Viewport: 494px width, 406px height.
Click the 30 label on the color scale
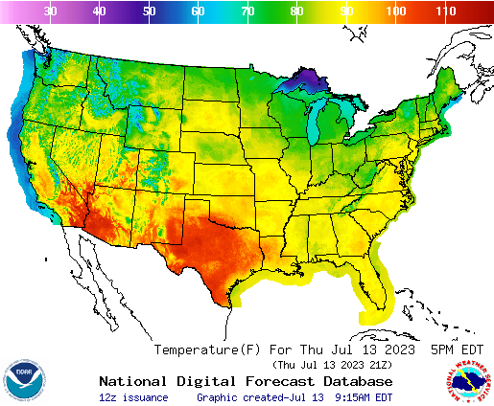[50, 11]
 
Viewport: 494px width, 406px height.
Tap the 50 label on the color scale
[149, 11]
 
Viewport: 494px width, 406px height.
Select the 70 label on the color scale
[247, 11]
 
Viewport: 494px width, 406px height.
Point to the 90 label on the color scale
[345, 11]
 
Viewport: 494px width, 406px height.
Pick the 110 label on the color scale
[444, 11]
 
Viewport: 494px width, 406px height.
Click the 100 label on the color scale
[394, 11]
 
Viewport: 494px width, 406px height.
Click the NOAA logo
[23, 380]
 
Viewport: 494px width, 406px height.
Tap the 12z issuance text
[133, 396]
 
